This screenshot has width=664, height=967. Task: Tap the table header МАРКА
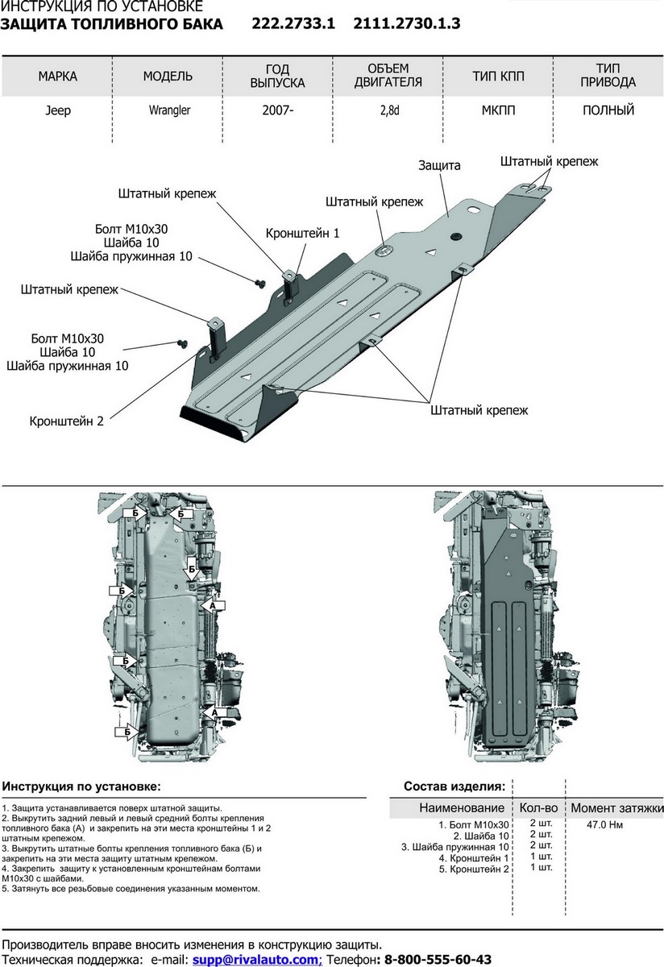point(57,77)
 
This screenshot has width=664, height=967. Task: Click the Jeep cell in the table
point(57,110)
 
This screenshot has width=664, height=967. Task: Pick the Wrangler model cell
point(168,110)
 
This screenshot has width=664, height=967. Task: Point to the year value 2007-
point(278,110)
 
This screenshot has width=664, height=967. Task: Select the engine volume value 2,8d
point(388,110)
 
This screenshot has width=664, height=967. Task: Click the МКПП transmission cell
point(499,110)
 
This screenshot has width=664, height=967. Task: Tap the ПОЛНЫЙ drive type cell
point(608,110)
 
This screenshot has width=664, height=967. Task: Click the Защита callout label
point(439,165)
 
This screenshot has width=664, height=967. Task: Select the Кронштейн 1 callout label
point(302,233)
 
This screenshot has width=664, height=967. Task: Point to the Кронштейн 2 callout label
point(67,421)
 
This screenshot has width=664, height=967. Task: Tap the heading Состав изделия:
point(454,786)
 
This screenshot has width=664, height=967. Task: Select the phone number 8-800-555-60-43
point(438,960)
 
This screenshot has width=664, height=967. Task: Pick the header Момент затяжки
point(616,807)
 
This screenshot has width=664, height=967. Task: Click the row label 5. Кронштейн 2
point(474,869)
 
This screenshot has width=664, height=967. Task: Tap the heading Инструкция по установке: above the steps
point(81,786)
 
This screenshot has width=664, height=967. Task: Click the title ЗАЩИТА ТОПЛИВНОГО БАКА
point(112,24)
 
